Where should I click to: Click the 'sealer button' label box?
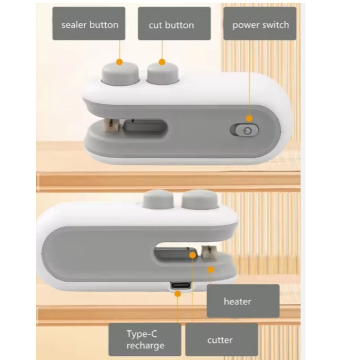89,23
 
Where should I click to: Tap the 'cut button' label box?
174,23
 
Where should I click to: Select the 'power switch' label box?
260,23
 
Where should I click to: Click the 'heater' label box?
243,301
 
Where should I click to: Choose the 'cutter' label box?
221,340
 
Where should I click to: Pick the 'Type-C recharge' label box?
145,340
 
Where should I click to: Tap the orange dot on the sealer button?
120,62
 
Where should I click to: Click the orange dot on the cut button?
162,62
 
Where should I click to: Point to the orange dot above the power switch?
250,118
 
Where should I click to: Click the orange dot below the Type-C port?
177,294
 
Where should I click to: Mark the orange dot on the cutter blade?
193,255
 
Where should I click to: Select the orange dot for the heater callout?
211,270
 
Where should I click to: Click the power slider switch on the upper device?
244,130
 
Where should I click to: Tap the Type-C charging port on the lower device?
181,286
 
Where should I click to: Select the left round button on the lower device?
158,199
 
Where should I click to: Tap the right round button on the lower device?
199,199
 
